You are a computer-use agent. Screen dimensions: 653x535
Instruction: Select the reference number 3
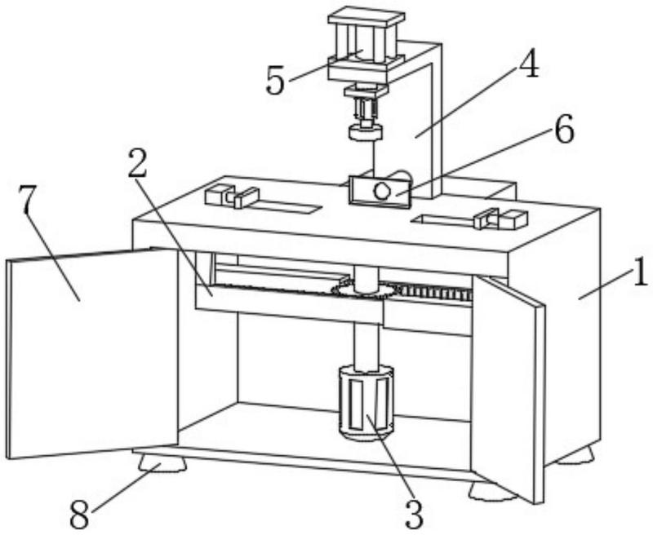(x=414, y=513)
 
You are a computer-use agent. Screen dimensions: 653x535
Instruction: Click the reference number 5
(x=276, y=81)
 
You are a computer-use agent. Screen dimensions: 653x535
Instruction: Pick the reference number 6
(x=563, y=130)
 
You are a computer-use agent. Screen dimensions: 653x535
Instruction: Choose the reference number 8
(x=79, y=513)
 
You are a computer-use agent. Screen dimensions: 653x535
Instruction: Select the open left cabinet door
(x=90, y=351)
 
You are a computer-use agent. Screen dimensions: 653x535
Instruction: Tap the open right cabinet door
(x=508, y=383)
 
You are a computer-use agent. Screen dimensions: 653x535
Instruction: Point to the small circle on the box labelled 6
(x=381, y=190)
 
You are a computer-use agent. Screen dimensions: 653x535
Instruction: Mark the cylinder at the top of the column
(x=365, y=45)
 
